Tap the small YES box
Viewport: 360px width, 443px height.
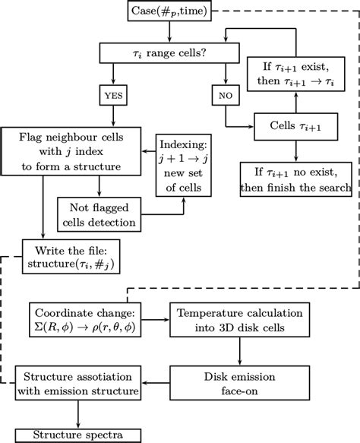[113, 97]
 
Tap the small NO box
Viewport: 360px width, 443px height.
[226, 97]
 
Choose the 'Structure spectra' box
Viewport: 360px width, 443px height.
[78, 435]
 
